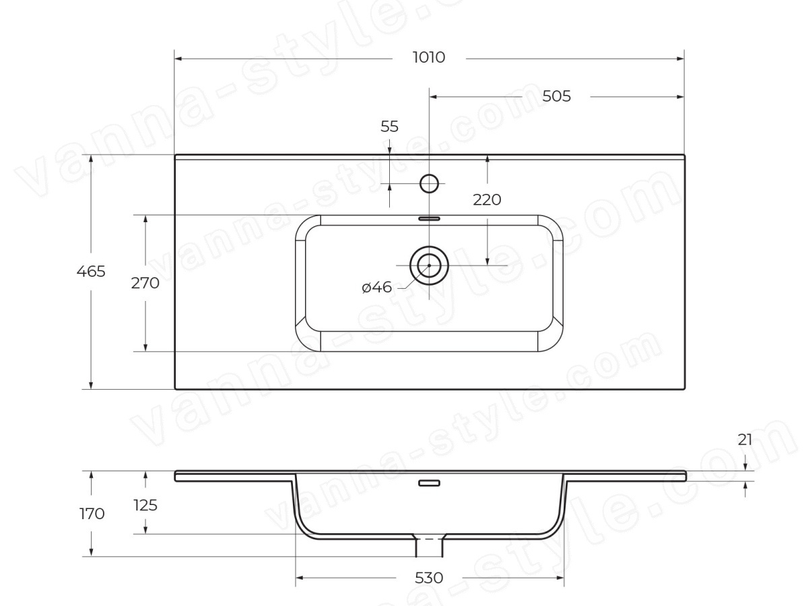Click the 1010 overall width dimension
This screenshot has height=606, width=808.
click(x=429, y=57)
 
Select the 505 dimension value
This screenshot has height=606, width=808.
click(x=556, y=96)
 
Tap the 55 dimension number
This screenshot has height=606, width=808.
click(x=389, y=127)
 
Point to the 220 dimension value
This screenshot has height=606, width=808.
click(x=487, y=200)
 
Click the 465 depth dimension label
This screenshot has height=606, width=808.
click(x=91, y=271)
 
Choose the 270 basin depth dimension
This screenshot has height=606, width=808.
click(x=145, y=283)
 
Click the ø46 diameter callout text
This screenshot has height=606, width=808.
click(x=377, y=287)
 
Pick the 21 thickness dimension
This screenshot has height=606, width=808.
click(x=745, y=440)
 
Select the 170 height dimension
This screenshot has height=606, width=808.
click(x=92, y=514)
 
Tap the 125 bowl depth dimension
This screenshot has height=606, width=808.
click(x=145, y=506)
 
